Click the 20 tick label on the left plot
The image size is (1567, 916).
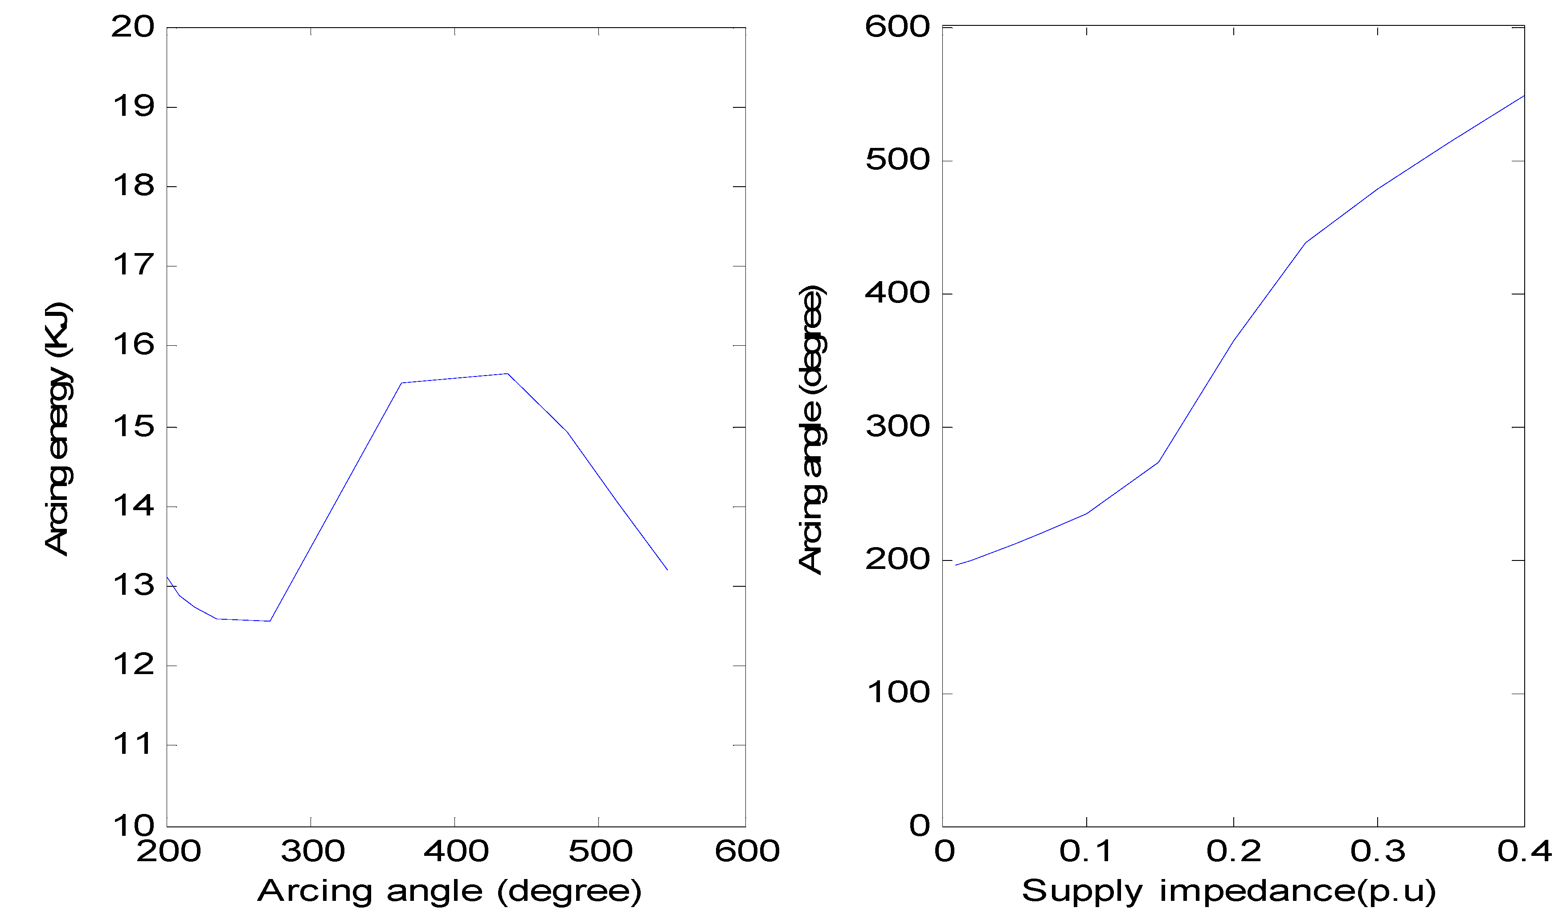click(132, 27)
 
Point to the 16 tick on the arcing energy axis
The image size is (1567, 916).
click(132, 345)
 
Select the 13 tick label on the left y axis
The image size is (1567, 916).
click(132, 586)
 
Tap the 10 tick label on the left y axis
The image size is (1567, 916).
click(132, 826)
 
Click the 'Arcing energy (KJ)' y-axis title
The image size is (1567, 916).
click(58, 429)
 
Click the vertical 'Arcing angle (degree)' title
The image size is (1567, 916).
click(811, 429)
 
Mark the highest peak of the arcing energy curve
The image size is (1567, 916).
click(507, 374)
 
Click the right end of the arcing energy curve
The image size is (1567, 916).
click(667, 570)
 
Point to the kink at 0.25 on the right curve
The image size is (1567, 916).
click(1305, 242)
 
